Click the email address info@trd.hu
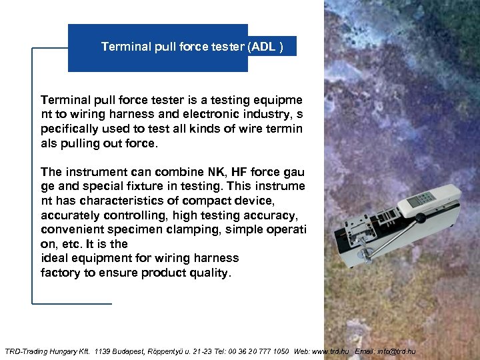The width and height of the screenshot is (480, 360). coord(396,351)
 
